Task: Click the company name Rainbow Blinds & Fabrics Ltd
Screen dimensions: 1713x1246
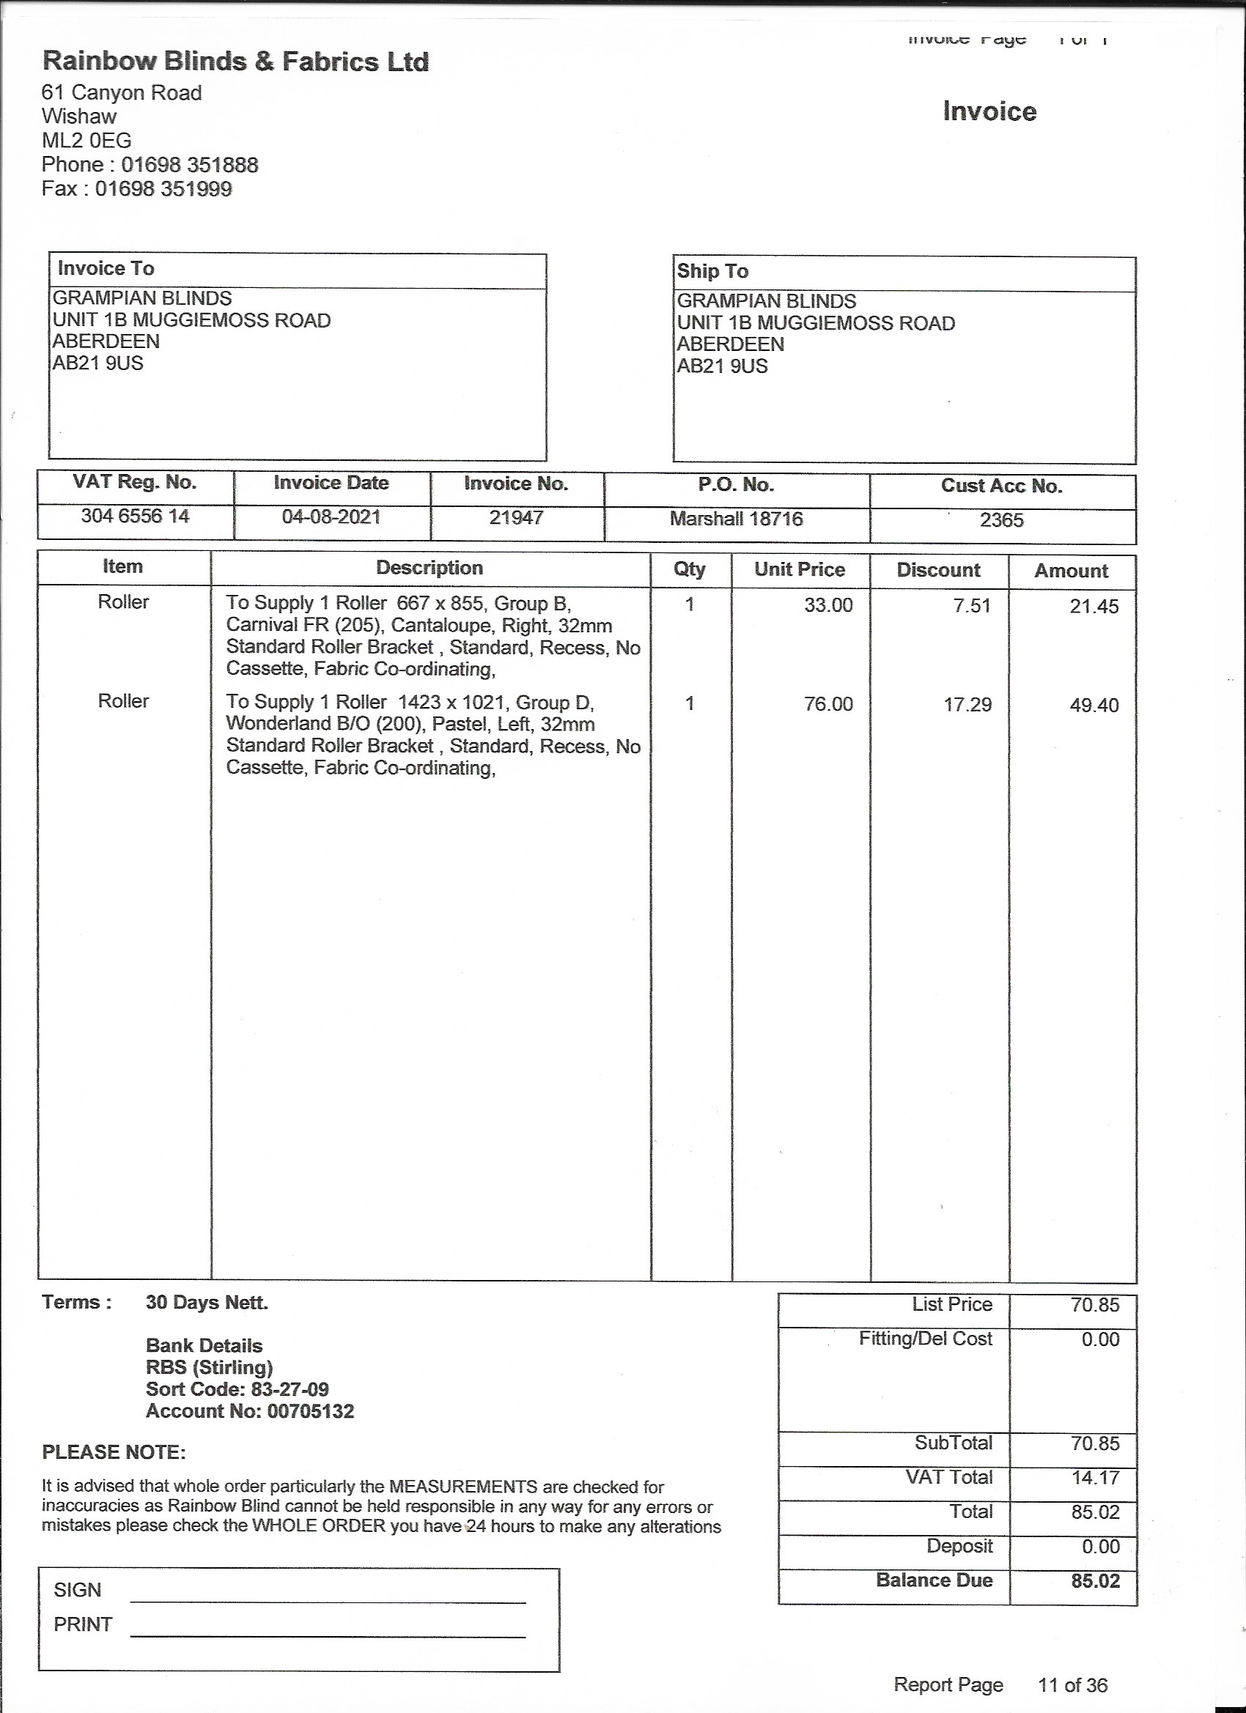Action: click(x=235, y=62)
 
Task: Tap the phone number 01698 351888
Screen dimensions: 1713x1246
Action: click(x=190, y=165)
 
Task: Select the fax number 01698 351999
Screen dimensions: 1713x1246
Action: click(x=163, y=189)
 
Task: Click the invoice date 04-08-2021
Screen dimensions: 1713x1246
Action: click(x=331, y=517)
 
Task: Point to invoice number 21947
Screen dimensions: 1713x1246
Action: click(x=516, y=518)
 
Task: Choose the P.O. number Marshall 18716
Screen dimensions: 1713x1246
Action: click(x=736, y=519)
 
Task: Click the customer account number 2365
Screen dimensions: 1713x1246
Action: click(x=1001, y=520)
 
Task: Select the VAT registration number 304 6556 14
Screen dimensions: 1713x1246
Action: click(x=136, y=517)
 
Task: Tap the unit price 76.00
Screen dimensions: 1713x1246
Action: click(x=828, y=704)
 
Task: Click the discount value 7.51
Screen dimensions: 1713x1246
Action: click(x=972, y=606)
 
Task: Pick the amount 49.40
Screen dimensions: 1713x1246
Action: click(x=1094, y=706)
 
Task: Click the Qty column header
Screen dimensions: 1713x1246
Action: click(x=689, y=569)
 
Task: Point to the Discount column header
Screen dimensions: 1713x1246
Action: click(x=938, y=570)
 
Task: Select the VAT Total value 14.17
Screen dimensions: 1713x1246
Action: click(x=1095, y=1477)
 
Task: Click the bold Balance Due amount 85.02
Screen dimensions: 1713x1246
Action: click(x=1095, y=1581)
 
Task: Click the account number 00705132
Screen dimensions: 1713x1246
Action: click(x=311, y=1411)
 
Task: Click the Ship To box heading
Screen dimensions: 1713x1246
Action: click(x=712, y=271)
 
